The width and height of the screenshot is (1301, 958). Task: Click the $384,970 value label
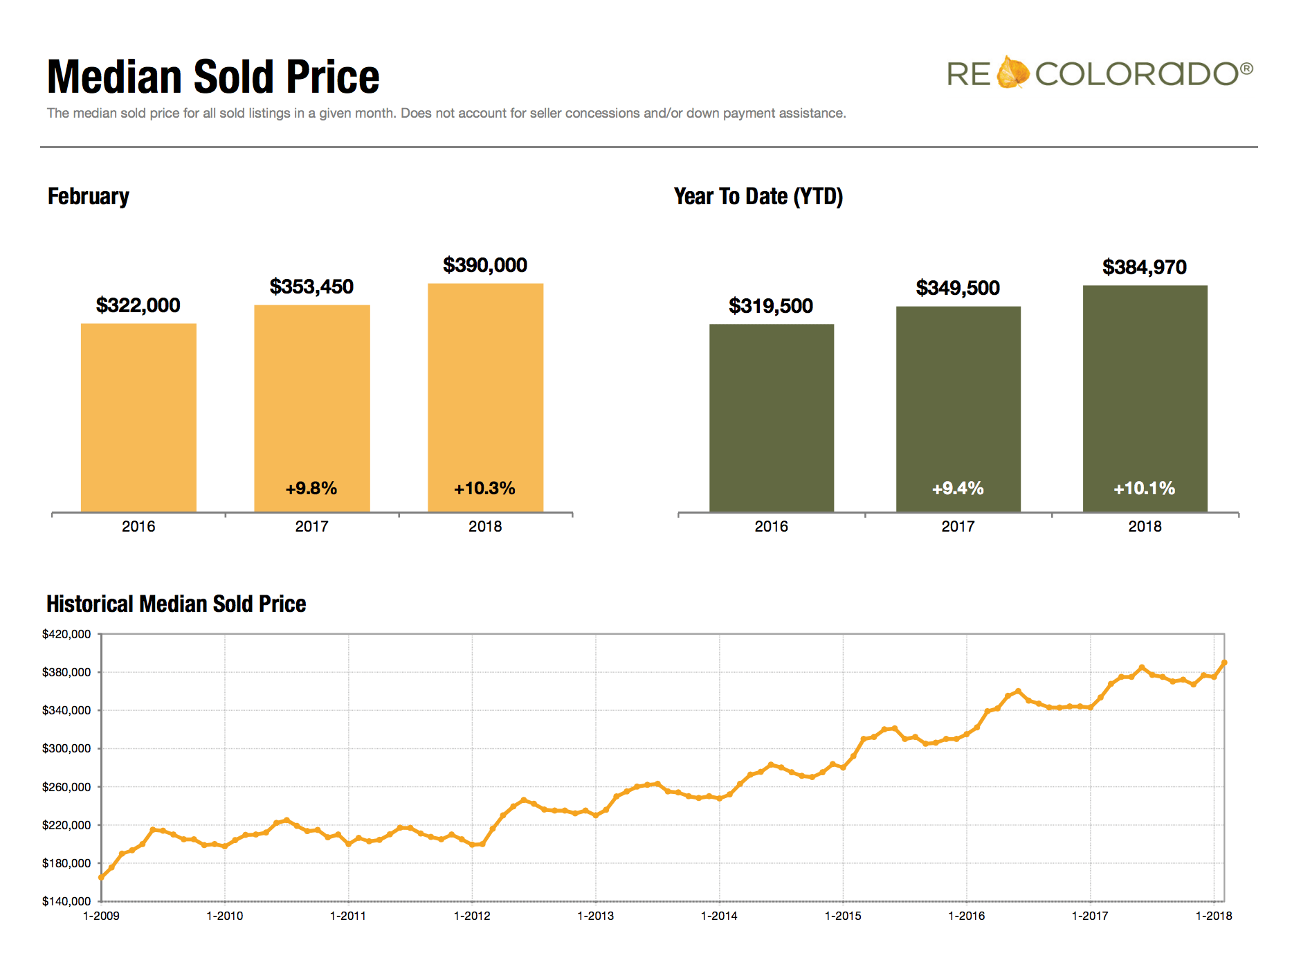[x=1144, y=267]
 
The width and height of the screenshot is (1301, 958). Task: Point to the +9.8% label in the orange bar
[x=311, y=489]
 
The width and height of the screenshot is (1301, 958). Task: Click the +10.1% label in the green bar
[x=1144, y=489]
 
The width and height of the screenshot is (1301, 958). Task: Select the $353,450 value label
[x=311, y=287]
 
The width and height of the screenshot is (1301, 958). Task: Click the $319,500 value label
[x=770, y=306]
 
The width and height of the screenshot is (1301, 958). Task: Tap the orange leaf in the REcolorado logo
[x=1012, y=73]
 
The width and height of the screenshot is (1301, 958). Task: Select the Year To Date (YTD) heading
[x=758, y=197]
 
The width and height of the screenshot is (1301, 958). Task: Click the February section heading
[x=89, y=197]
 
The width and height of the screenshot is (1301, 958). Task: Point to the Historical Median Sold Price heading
[x=176, y=604]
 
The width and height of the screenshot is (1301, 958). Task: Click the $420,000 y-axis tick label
[x=66, y=634]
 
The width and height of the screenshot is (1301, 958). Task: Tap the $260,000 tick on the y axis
[x=66, y=787]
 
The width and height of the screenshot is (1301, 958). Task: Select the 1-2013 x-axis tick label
[x=595, y=916]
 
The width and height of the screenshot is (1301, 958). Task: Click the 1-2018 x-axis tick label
[x=1214, y=916]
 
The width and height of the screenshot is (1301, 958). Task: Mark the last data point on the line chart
[x=1224, y=662]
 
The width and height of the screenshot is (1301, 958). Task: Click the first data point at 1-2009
[x=101, y=877]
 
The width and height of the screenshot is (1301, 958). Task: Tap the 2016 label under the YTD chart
[x=771, y=526]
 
